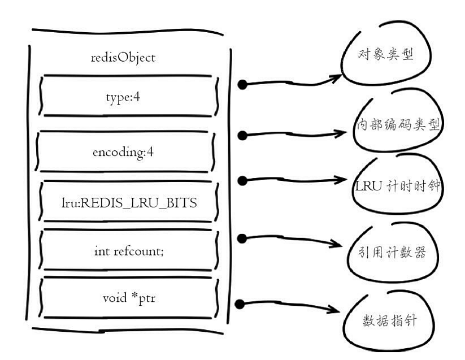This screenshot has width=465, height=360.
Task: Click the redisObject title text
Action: click(123, 58)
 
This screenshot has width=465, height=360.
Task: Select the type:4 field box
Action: click(123, 96)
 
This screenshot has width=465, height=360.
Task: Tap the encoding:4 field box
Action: click(123, 152)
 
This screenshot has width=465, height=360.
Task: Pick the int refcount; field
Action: click(129, 250)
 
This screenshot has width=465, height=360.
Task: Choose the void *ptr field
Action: click(128, 297)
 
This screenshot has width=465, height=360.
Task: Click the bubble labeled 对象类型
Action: click(386, 55)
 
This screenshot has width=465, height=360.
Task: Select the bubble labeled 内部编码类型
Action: click(399, 125)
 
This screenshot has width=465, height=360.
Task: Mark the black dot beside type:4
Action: click(242, 85)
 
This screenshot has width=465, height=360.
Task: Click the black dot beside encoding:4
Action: click(242, 135)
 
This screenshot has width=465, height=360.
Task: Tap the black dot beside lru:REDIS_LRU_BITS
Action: click(242, 180)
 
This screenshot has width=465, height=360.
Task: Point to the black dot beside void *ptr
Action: click(240, 304)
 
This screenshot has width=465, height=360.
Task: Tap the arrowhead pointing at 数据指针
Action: click(339, 311)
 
